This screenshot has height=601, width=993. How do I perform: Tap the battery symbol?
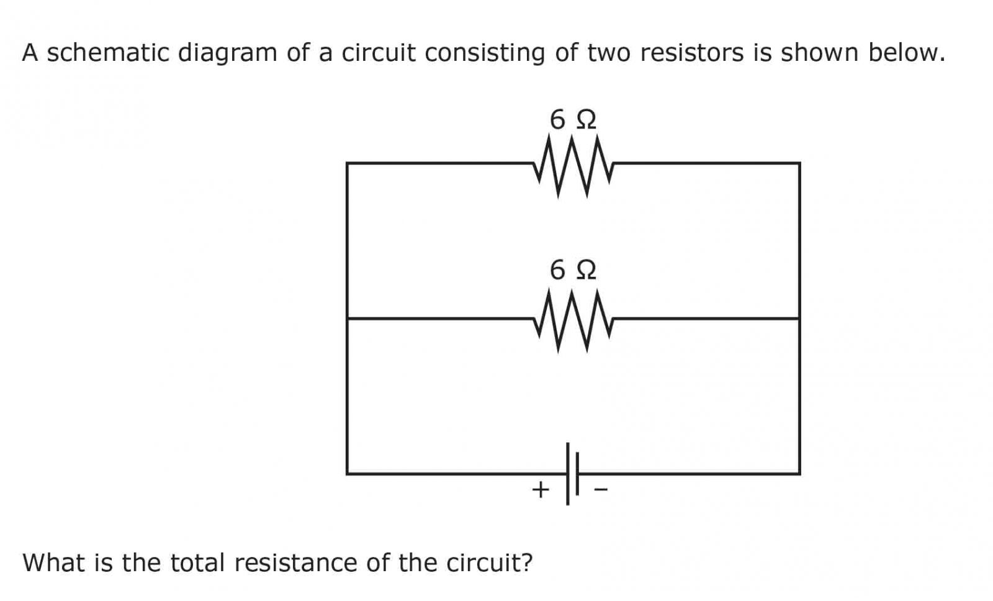[x=572, y=474]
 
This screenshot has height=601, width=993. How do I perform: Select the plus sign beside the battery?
[x=541, y=490]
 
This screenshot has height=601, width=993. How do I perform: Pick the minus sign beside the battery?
[x=601, y=490]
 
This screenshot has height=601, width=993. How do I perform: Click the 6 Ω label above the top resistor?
[x=573, y=119]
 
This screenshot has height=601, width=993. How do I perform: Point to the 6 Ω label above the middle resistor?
[x=573, y=270]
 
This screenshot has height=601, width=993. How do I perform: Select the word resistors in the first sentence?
[x=691, y=53]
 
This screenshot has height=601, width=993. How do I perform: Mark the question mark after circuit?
[x=527, y=563]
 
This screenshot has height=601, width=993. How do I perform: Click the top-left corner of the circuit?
[x=347, y=163]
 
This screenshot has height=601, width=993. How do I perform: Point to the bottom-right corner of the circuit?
[x=799, y=474]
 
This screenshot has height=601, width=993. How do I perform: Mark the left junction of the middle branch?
[x=347, y=319]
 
